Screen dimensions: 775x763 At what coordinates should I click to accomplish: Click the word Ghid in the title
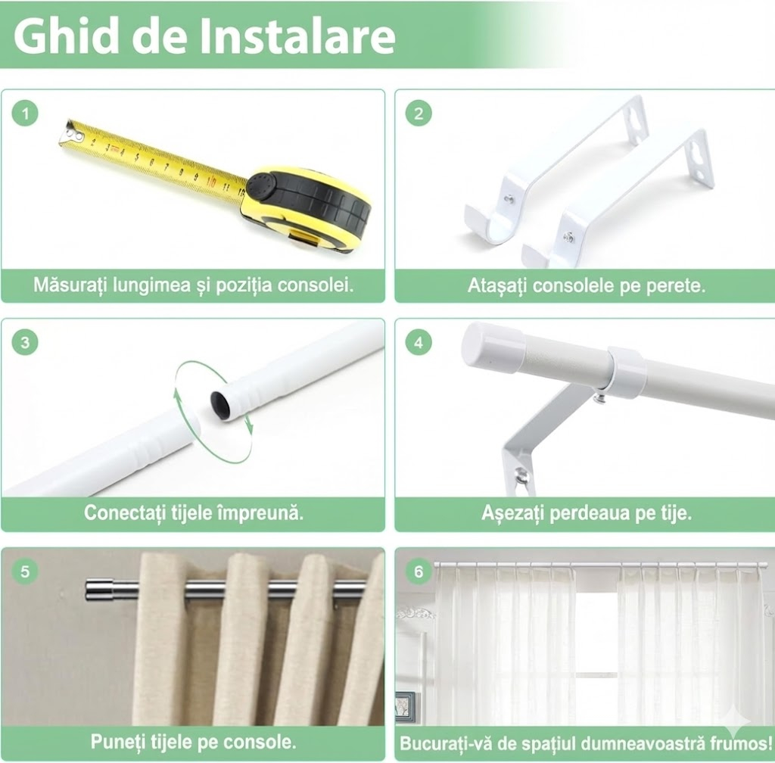pyautogui.click(x=67, y=36)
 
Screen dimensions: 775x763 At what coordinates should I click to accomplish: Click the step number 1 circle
pyautogui.click(x=25, y=114)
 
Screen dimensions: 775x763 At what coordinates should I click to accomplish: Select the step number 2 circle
pyautogui.click(x=419, y=114)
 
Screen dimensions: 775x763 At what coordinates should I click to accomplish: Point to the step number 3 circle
pyautogui.click(x=25, y=342)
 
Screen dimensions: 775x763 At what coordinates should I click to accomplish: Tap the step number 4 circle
pyautogui.click(x=419, y=342)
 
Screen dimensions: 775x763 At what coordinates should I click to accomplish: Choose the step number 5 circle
pyautogui.click(x=25, y=571)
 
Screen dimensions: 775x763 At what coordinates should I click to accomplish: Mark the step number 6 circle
pyautogui.click(x=419, y=571)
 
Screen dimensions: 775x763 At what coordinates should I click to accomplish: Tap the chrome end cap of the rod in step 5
pyautogui.click(x=98, y=590)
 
